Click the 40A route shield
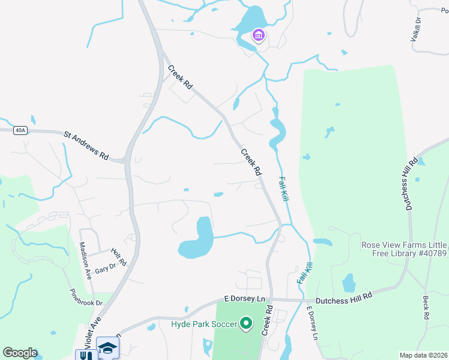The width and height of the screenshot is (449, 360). coord(20,130)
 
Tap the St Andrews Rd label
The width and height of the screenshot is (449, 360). coord(86,145)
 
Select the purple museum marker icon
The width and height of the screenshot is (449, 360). coord(259,36)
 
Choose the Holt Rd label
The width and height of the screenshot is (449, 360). coord(119,257)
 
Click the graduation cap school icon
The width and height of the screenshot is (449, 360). coord(108,348)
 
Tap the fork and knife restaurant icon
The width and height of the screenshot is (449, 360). coord(86,355)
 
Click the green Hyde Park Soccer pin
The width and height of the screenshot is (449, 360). coord(246,325)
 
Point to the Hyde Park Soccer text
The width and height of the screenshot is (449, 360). coord(203,325)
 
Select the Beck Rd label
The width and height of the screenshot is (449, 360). coord(426,307)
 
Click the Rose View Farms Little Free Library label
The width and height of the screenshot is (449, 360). coord(404,249)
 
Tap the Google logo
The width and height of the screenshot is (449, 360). coord(20,353)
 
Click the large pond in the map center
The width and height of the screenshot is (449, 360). coord(197,240)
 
